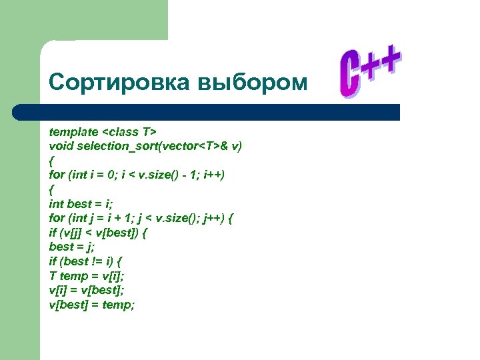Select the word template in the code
(x=73, y=131)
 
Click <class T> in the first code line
(x=129, y=131)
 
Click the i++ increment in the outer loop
(x=214, y=175)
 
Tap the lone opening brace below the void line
(x=51, y=160)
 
